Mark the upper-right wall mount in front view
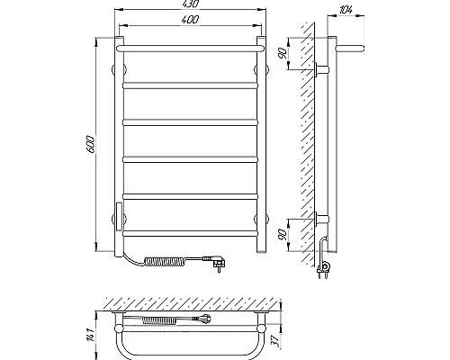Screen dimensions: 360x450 pyautogui.click(x=263, y=68)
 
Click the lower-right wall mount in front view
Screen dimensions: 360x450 pyautogui.click(x=263, y=219)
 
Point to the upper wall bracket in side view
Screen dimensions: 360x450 pyautogui.click(x=324, y=69)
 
